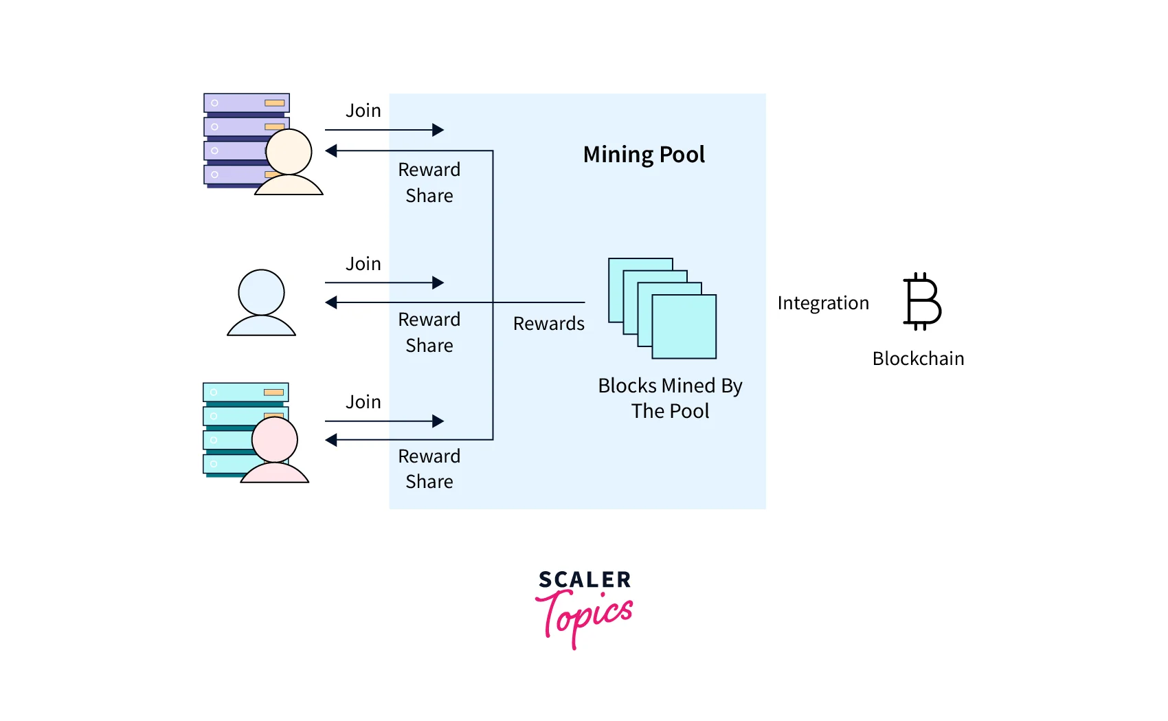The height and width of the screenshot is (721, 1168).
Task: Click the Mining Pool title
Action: (644, 155)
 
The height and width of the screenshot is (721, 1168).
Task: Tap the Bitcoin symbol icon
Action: (922, 302)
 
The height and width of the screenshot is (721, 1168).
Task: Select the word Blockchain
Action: (918, 359)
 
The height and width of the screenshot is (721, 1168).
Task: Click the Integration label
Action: (823, 303)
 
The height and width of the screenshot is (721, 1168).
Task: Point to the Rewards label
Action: (548, 324)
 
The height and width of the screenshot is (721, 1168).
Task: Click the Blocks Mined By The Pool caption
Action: (670, 398)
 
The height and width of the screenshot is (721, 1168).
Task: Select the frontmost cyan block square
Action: (684, 326)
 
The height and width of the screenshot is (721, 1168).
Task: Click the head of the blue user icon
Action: (261, 292)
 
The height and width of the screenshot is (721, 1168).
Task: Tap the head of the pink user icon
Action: (275, 439)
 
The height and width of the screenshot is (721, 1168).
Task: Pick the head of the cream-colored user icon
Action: (289, 152)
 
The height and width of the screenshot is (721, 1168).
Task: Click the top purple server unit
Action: (246, 103)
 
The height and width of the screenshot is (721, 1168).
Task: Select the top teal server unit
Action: (245, 392)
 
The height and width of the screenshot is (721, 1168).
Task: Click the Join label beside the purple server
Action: (363, 111)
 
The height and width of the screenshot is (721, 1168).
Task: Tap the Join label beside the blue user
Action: (363, 264)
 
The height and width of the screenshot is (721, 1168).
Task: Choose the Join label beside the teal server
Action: (363, 402)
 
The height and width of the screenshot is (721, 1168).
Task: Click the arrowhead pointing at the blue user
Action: (331, 302)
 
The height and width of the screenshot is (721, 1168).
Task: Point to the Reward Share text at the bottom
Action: (429, 469)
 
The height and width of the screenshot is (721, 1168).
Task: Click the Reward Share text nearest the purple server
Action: (429, 183)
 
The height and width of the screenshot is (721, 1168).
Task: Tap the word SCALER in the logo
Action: (585, 580)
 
